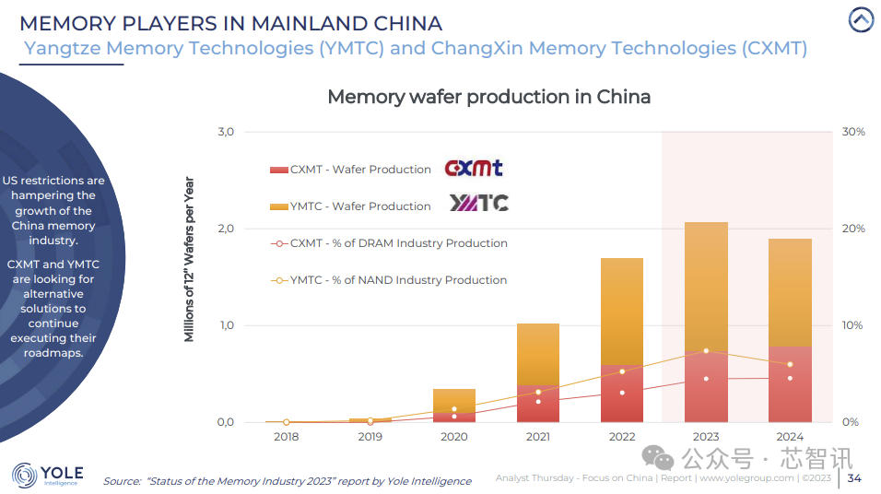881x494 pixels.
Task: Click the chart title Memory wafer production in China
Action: tap(488, 97)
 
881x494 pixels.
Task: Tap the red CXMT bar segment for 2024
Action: tap(790, 383)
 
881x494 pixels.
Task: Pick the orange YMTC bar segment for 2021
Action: tap(538, 353)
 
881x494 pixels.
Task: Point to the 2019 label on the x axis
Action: tap(370, 437)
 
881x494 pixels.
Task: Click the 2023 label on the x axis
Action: tap(706, 437)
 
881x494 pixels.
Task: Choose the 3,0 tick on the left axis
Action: tap(226, 133)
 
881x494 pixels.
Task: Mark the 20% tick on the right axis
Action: tap(853, 229)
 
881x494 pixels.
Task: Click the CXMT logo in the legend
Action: tap(474, 169)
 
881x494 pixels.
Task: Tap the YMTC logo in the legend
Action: tap(478, 204)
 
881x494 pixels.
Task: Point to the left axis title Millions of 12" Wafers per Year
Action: tap(190, 259)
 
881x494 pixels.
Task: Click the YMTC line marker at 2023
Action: tap(706, 351)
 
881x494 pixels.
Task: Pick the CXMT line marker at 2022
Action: tap(622, 393)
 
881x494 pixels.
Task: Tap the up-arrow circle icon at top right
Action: tap(861, 19)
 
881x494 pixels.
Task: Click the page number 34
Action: tap(854, 477)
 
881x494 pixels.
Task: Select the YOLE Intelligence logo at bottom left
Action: tap(48, 476)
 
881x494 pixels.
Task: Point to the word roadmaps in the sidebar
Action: tap(54, 353)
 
